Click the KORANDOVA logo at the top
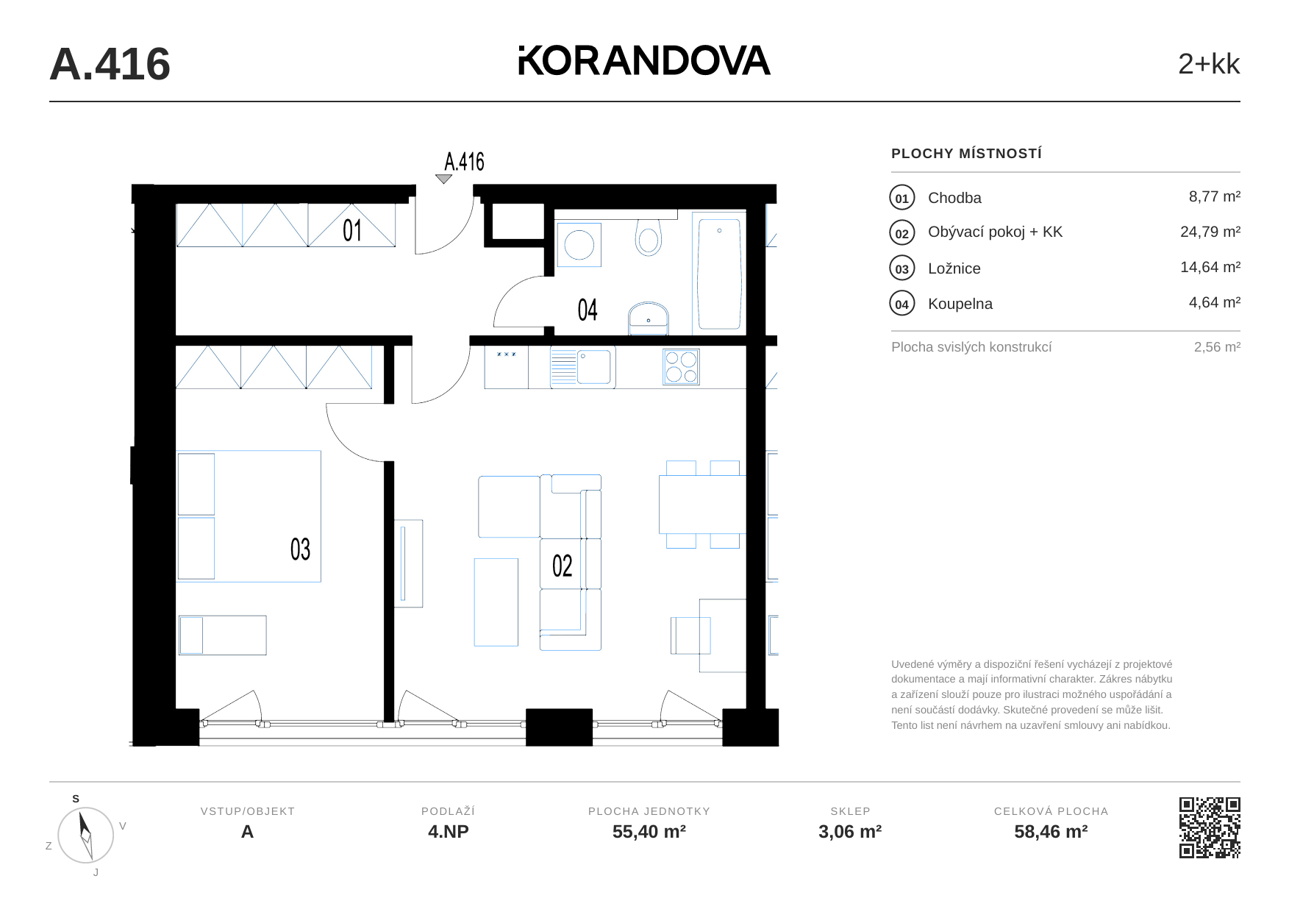[x=644, y=61]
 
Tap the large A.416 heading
[x=110, y=64]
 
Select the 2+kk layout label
[x=1208, y=64]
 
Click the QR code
[x=1210, y=827]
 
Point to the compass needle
[x=85, y=835]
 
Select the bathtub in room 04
[x=719, y=274]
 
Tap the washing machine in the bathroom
[x=579, y=245]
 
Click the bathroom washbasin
[x=648, y=318]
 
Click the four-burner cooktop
[x=681, y=367]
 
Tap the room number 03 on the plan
[x=300, y=549]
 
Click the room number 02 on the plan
[x=562, y=566]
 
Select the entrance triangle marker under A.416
[x=443, y=179]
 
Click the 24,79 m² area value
[x=1210, y=232]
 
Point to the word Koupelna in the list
[x=960, y=304]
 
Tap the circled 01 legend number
[x=902, y=198]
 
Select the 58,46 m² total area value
[x=1051, y=832]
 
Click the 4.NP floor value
[x=449, y=832]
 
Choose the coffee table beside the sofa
[x=496, y=602]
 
